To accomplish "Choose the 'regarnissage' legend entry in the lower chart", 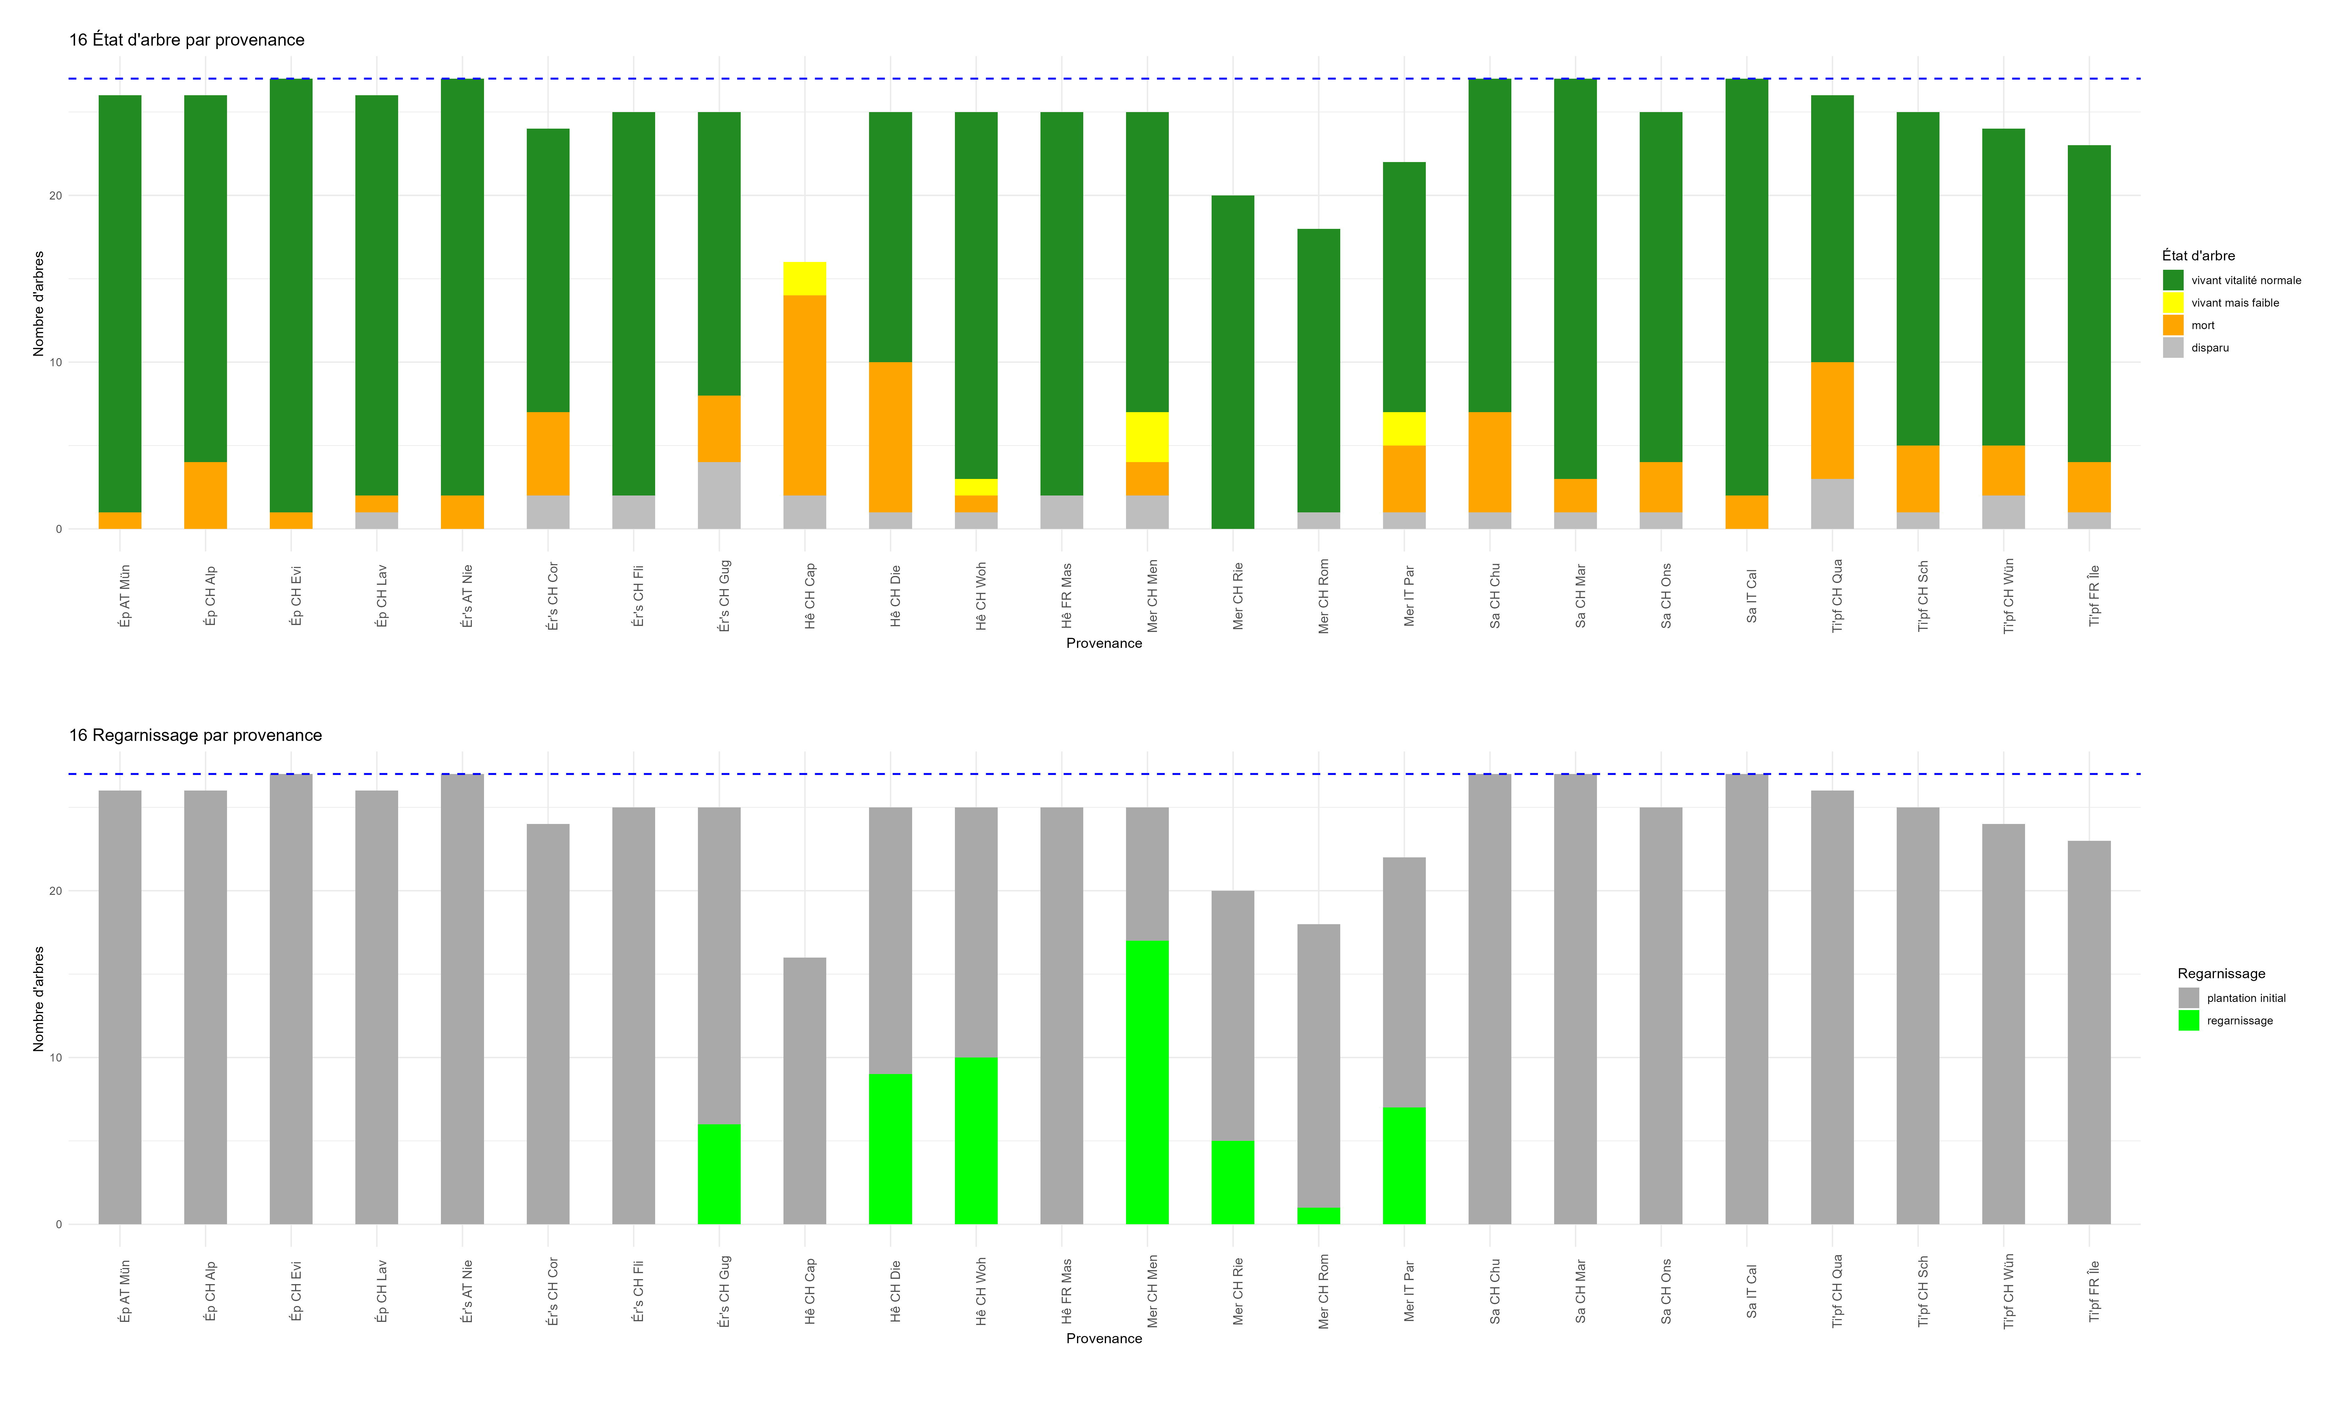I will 2239,1021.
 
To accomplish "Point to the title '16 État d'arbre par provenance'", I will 186,40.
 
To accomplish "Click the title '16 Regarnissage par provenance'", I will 195,736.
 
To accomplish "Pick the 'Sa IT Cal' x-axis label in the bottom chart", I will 1751,1291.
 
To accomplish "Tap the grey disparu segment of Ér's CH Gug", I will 719,495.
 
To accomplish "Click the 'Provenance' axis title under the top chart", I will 1104,644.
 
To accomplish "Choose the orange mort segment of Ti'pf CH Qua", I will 1832,420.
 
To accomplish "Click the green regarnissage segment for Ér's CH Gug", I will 719,1174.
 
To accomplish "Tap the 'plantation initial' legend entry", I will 2246,998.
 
